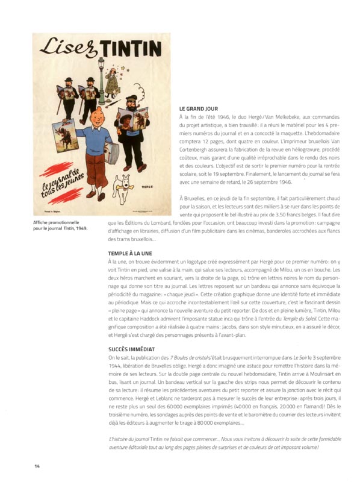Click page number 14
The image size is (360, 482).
point(37,466)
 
